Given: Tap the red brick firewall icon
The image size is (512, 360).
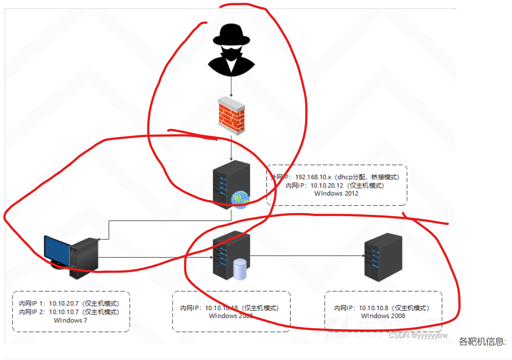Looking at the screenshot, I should [232, 116].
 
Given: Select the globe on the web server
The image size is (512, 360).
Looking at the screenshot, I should [240, 199].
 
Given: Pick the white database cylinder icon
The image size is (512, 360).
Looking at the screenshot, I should [240, 269].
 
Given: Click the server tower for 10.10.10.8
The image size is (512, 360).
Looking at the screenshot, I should [383, 257].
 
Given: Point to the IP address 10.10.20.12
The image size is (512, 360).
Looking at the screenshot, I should [327, 185].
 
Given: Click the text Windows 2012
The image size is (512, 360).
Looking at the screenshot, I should [336, 193].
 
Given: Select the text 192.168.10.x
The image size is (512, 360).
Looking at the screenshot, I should [313, 177].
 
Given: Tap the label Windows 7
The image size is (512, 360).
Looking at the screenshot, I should [70, 321].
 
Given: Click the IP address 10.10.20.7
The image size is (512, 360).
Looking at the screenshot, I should [64, 304].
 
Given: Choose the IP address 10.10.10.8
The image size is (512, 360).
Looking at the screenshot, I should [374, 308].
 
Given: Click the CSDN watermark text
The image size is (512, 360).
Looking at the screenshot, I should [418, 335].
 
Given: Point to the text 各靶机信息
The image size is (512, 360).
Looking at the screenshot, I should [482, 342].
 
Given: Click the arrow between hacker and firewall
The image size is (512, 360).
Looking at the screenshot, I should [231, 87].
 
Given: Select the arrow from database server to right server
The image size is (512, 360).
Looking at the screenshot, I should [306, 256].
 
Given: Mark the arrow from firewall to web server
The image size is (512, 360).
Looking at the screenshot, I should [231, 149].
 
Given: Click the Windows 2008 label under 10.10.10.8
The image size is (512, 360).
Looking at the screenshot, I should [383, 316].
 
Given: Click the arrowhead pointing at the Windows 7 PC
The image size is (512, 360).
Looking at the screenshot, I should [98, 239].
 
